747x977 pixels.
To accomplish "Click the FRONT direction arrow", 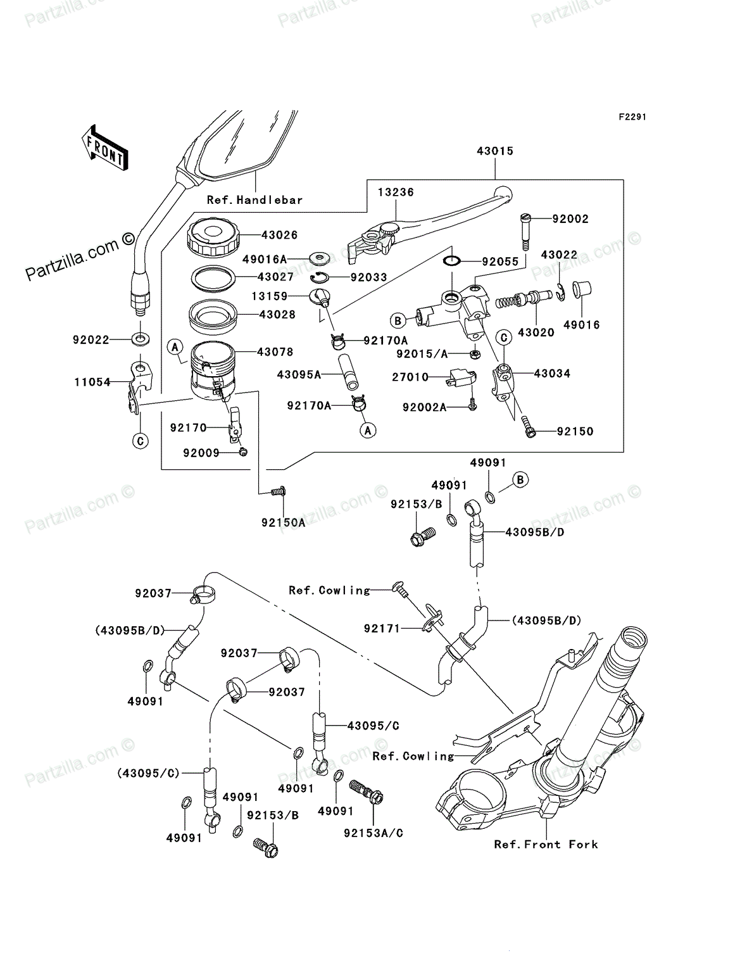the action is coord(105,148).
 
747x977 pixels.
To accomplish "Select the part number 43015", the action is coord(495,151).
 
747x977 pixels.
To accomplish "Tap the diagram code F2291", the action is coord(632,117).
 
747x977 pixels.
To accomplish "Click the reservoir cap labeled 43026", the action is coord(213,239).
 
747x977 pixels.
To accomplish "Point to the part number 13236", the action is coord(396,192).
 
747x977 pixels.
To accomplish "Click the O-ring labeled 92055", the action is coord(452,262).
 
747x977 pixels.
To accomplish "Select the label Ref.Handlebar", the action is coord(254,200).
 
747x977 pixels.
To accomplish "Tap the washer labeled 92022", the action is coord(141,339).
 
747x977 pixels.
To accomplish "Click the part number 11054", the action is coord(92,382).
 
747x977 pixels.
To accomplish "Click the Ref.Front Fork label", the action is coord(546,845).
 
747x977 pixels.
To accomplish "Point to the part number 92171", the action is coord(382,628).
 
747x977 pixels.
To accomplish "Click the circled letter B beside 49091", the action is coord(520,480).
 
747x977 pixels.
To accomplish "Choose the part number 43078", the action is coord(275,351).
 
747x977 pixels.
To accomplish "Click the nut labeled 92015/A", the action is coord(475,354).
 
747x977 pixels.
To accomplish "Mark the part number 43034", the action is coord(551,374).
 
